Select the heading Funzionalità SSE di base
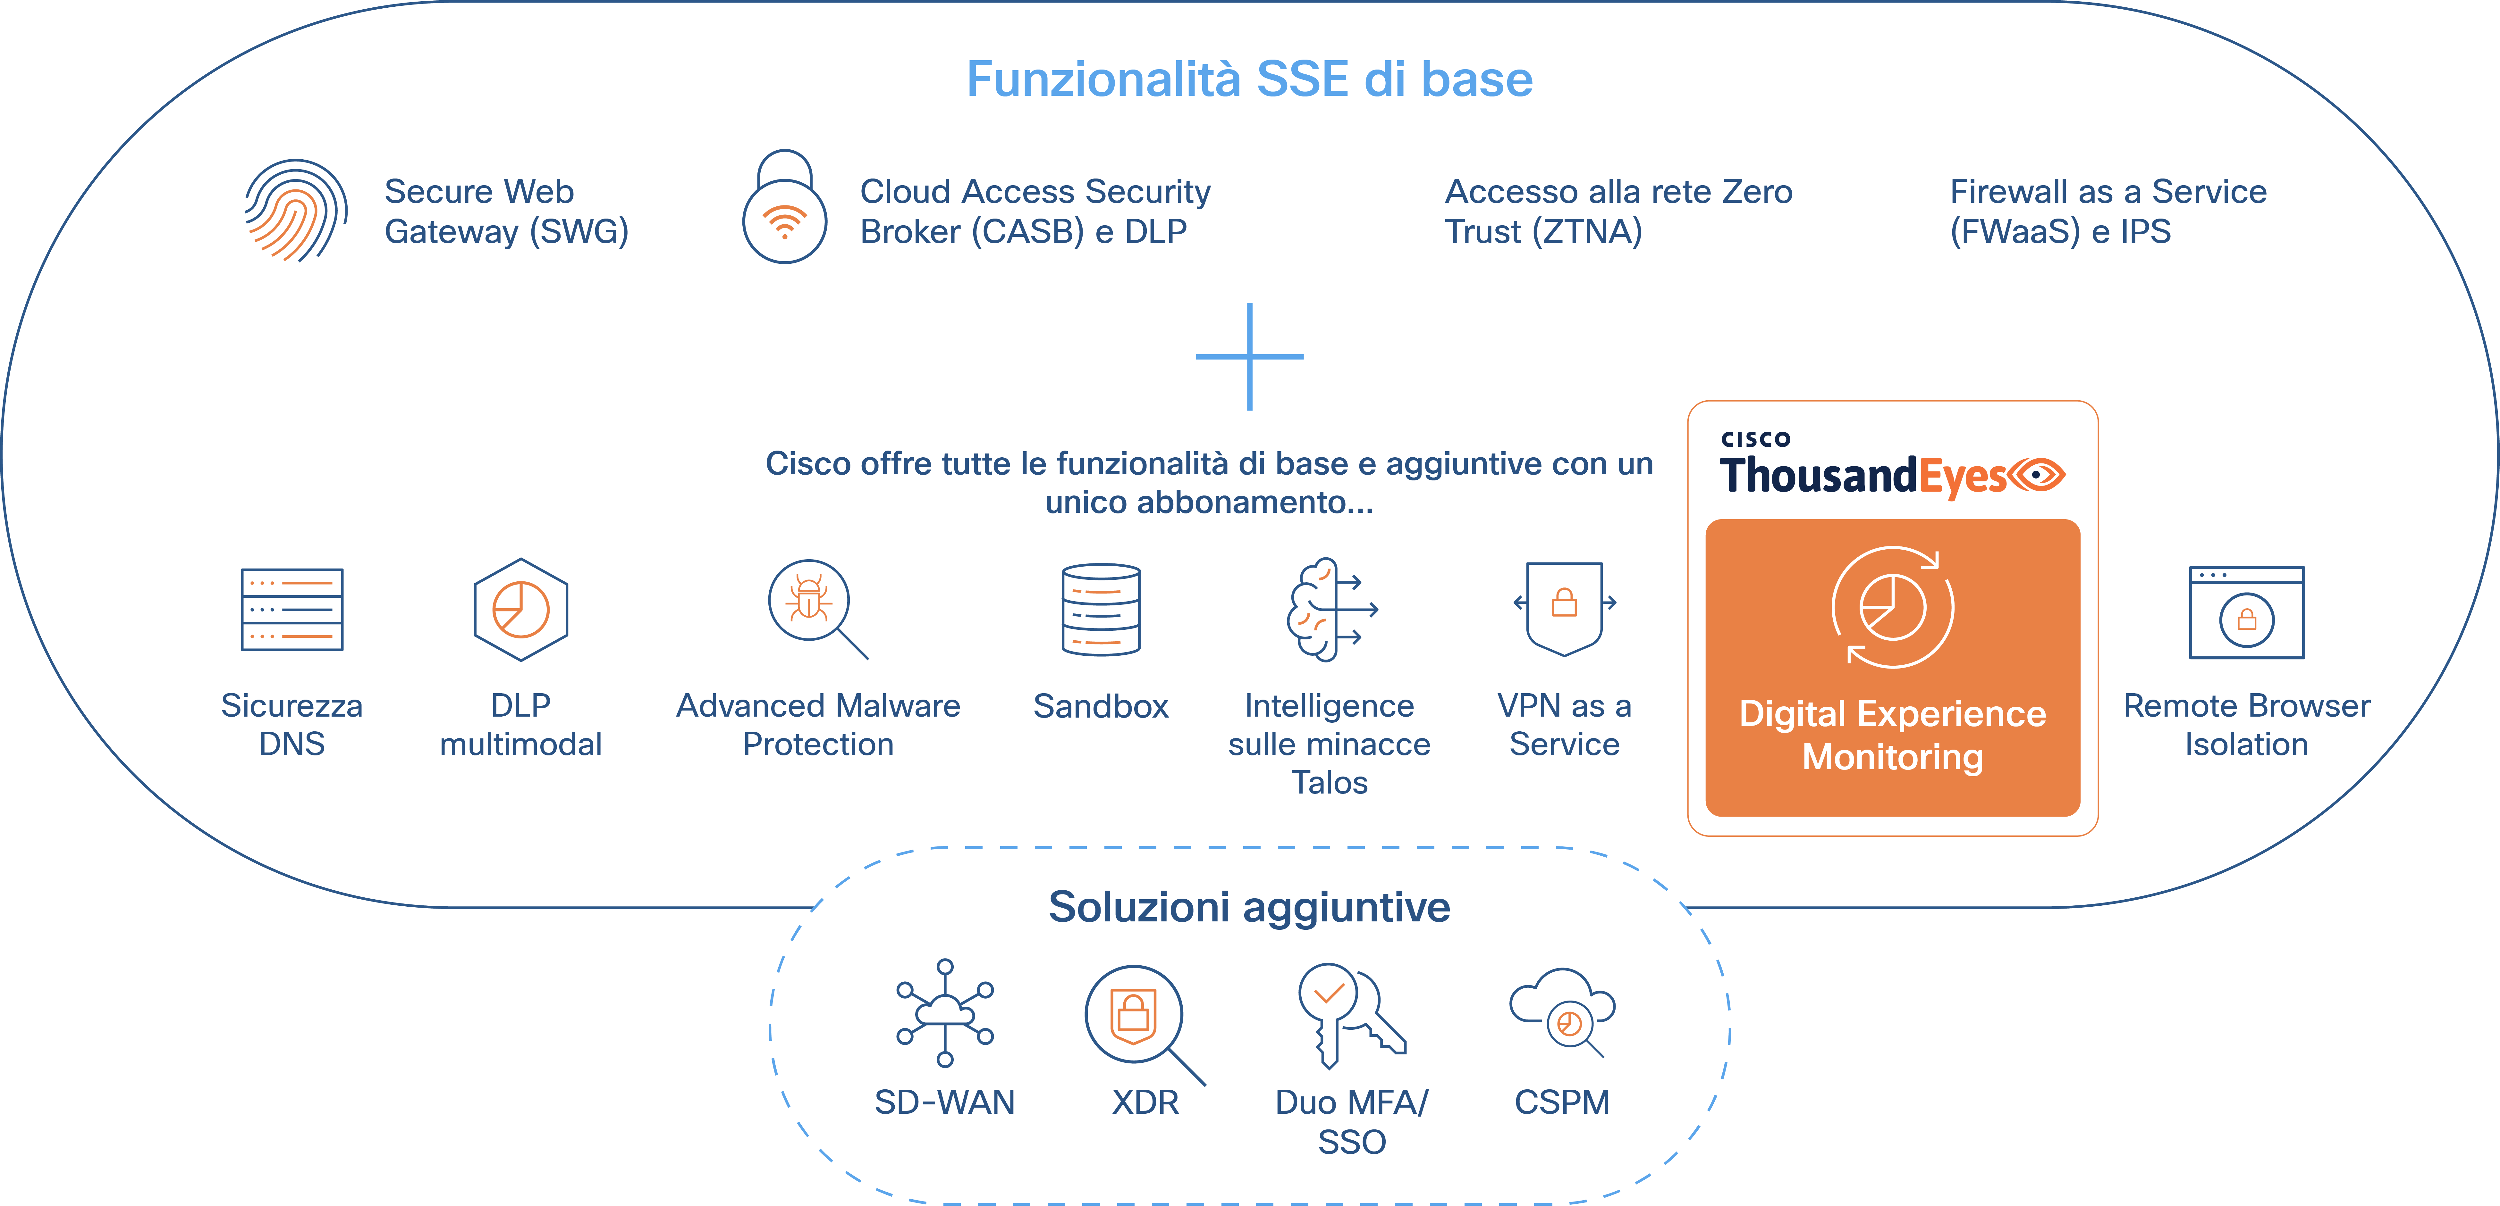click(x=1249, y=79)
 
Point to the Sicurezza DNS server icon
click(x=292, y=609)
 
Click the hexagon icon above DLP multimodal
click(x=521, y=609)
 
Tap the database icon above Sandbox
click(x=1101, y=609)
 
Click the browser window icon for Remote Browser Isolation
click(x=2246, y=612)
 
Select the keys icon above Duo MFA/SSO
click(x=1349, y=1014)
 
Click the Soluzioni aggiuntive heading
click(x=1249, y=907)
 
